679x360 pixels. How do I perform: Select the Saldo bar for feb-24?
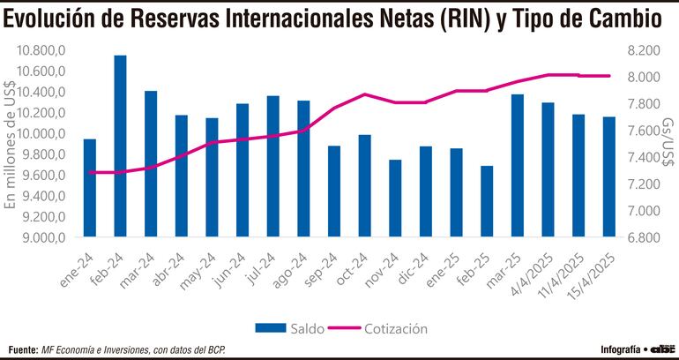tap(120, 146)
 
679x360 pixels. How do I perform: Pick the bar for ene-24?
tap(90, 188)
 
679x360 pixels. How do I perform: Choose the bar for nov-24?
tap(395, 199)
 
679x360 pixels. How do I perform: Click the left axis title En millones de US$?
tap(11, 144)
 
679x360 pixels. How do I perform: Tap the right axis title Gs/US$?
tap(668, 144)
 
